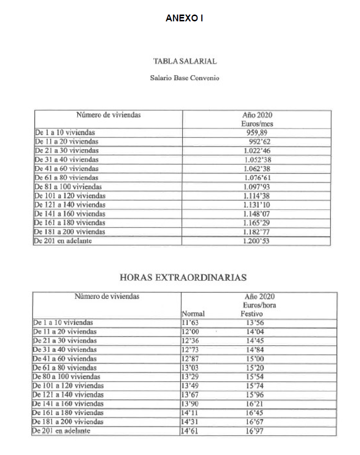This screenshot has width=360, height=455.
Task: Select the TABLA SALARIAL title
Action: [x=184, y=62]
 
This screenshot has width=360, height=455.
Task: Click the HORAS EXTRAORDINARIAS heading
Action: [x=182, y=277]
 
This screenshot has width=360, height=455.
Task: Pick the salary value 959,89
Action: [x=257, y=132]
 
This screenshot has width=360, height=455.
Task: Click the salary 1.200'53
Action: [x=256, y=241]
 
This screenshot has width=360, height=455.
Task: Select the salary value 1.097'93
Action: [x=256, y=187]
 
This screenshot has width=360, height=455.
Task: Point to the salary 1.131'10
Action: [x=256, y=205]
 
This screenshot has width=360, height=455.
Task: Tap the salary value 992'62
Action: [x=258, y=142]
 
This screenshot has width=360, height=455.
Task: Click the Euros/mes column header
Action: [x=257, y=124]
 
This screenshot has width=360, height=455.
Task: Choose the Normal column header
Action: [x=193, y=314]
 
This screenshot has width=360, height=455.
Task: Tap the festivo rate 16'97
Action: [x=255, y=431]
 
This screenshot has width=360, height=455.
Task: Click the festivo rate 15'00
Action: [x=255, y=358]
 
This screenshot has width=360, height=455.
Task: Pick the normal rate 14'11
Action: [x=190, y=412]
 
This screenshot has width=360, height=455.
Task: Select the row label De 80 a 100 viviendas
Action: [x=66, y=376]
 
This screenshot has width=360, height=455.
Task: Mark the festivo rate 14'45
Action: [x=255, y=341]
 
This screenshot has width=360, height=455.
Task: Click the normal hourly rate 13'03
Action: [x=190, y=368]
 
